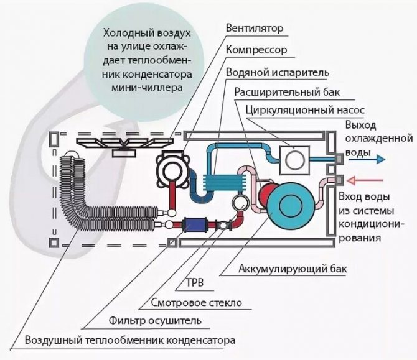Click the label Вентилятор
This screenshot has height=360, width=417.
pyautogui.click(x=255, y=29)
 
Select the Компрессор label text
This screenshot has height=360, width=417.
pyautogui.click(x=256, y=50)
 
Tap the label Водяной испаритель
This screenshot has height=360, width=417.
pyautogui.click(x=278, y=72)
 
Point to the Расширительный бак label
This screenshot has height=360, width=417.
pyautogui.click(x=287, y=92)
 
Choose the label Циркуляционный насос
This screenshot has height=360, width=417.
pyautogui.click(x=305, y=110)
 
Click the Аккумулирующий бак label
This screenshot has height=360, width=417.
pyautogui.click(x=293, y=269)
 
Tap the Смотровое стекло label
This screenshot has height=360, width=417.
pyautogui.click(x=197, y=303)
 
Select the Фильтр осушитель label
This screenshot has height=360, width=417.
pyautogui.click(x=155, y=321)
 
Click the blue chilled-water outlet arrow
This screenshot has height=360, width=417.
pyautogui.click(x=367, y=159)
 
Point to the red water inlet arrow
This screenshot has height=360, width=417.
pyautogui.click(x=365, y=181)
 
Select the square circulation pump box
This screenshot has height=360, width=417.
pyautogui.click(x=294, y=160)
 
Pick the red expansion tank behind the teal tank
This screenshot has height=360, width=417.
pyautogui.click(x=265, y=192)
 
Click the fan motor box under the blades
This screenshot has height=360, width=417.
pyautogui.click(x=124, y=153)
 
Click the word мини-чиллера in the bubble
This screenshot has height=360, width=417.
pyautogui.click(x=147, y=88)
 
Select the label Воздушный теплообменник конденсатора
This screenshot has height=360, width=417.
pyautogui.click(x=130, y=340)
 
